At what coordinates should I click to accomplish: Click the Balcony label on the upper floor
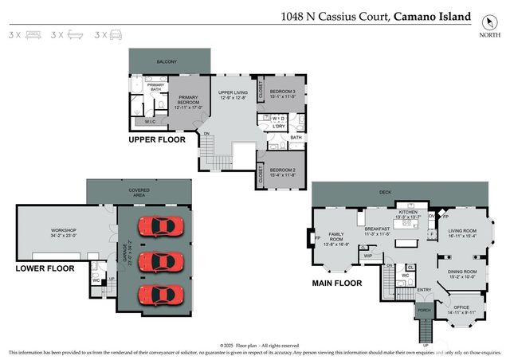[x=167, y=61]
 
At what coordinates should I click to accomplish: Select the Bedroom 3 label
[x=282, y=94]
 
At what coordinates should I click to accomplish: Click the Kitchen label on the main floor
[x=408, y=214]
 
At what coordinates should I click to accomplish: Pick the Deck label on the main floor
[x=386, y=192]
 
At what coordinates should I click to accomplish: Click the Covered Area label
[x=139, y=193]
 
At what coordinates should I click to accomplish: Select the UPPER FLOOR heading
[x=157, y=139]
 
